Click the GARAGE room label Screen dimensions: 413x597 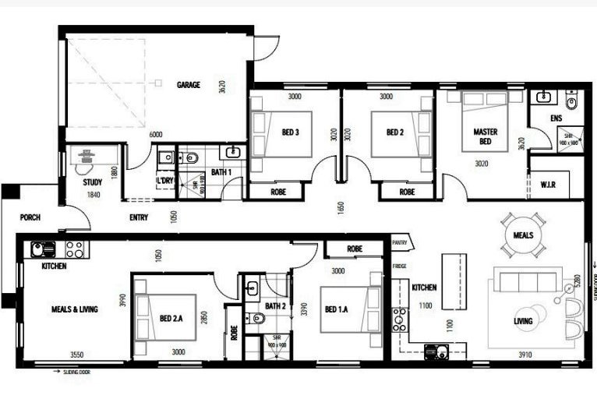tap(189, 84)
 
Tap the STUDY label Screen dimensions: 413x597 tap(93, 182)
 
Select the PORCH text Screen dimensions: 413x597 tap(30, 217)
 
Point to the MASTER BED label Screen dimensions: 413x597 tap(486, 137)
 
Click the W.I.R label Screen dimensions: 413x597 tap(548, 185)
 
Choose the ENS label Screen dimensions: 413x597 tap(556, 118)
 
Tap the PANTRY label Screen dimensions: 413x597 tap(401, 242)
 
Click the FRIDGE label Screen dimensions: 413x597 tap(399, 267)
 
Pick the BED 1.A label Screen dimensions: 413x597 tap(337, 309)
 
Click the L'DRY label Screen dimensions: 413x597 tap(164, 181)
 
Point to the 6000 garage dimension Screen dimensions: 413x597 tap(156, 135)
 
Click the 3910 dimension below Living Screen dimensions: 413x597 tap(525, 355)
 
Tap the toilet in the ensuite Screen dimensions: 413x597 tap(572, 101)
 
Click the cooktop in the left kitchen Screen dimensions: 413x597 tap(76, 249)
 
